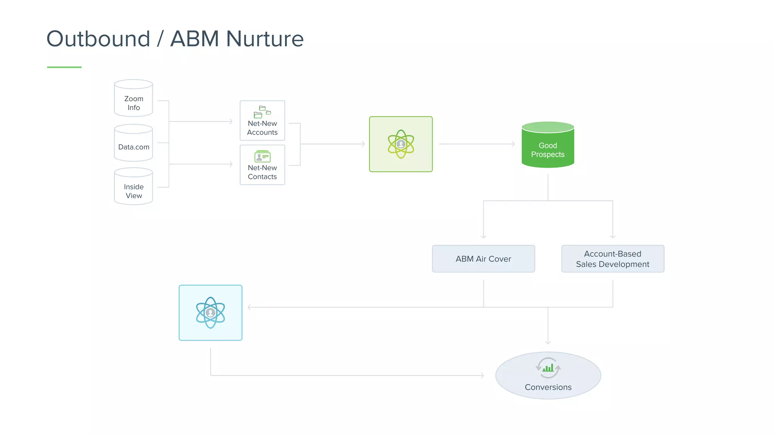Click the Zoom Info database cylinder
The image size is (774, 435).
[133, 99]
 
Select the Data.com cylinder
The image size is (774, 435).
[133, 143]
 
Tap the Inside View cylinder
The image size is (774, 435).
[133, 187]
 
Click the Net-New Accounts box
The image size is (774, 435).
[262, 121]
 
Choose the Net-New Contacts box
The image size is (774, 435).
[262, 165]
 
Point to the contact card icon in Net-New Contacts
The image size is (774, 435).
[262, 156]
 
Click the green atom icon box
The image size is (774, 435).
[401, 144]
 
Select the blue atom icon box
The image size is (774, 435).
[211, 313]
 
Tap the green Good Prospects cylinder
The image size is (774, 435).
[548, 145]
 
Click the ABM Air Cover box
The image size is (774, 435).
[483, 259]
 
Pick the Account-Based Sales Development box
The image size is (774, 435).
[613, 259]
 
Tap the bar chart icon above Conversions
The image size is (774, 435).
[548, 367]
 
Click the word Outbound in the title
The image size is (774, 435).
[98, 39]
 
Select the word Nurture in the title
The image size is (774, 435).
[265, 39]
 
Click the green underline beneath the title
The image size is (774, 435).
[64, 67]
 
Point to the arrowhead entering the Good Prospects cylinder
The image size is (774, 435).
[513, 144]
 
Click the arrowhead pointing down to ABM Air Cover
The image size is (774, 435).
[483, 236]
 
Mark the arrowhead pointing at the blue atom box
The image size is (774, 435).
[249, 307]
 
